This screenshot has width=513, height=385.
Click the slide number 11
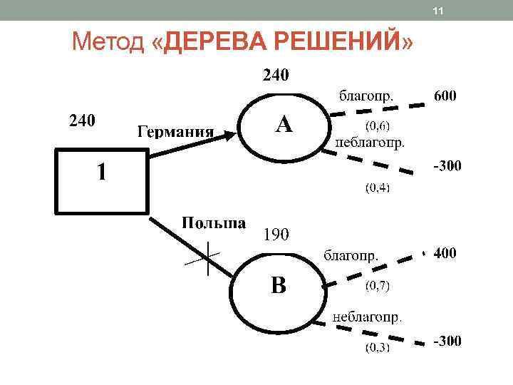pyautogui.click(x=438, y=11)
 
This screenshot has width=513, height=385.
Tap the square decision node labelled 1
pyautogui.click(x=102, y=180)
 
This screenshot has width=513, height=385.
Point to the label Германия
pyautogui.click(x=175, y=132)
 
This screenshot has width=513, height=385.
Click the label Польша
pyautogui.click(x=214, y=222)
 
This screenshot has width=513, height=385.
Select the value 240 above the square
pyautogui.click(x=81, y=120)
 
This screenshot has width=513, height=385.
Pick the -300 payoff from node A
pyautogui.click(x=447, y=166)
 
